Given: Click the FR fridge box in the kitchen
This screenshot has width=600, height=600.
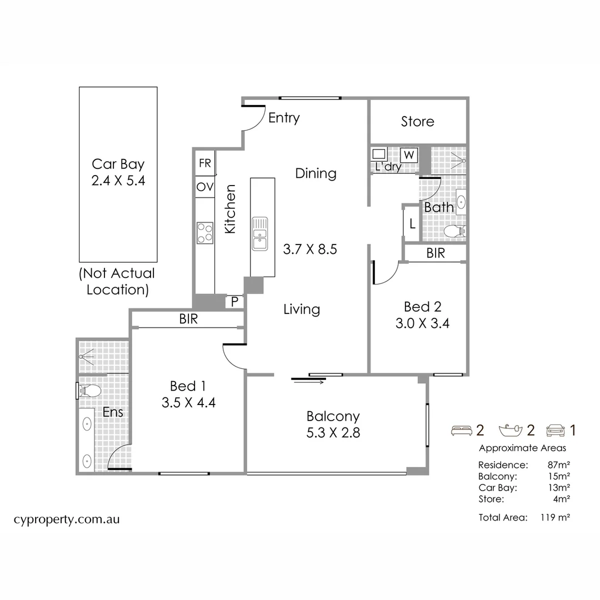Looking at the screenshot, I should tap(205, 163).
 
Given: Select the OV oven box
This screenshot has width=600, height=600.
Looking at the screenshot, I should tap(205, 187).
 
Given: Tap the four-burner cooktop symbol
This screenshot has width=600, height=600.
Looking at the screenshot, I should tap(205, 232).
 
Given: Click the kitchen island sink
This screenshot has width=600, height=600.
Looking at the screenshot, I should tap(259, 233).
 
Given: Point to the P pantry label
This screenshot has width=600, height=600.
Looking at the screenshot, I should tap(234, 302).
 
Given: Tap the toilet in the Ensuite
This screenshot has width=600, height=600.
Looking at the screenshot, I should tap(89, 391).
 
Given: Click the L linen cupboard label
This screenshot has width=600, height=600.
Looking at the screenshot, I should tap(412, 224).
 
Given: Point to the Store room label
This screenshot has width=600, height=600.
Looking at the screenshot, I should tap(418, 122).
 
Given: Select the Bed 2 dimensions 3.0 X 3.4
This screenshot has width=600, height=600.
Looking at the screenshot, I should tap(422, 323).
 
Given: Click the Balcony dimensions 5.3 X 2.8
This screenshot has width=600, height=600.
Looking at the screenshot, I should tap(333, 433).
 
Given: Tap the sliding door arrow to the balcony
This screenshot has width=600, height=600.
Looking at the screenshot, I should tap(309, 382).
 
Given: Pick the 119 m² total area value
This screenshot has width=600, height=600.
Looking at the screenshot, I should tap(555, 517).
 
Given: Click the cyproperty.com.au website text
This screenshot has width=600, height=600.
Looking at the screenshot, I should tap(67, 519).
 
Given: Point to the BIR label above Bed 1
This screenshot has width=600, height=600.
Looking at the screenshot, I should tap(188, 319).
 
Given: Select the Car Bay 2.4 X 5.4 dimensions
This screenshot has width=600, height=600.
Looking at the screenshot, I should tap(118, 181).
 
